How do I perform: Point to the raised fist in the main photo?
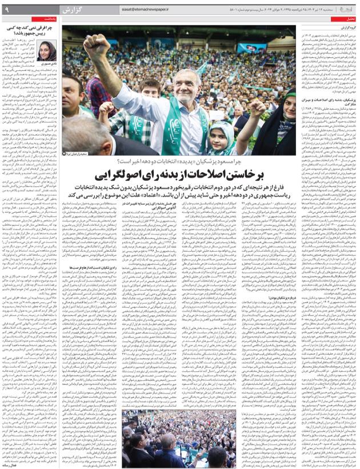click(x=98, y=48)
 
